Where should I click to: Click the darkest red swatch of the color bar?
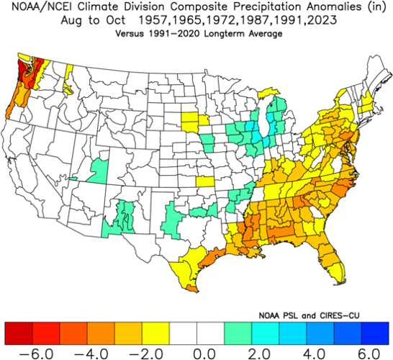click(17, 333)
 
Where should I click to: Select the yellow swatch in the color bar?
click(155, 333)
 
